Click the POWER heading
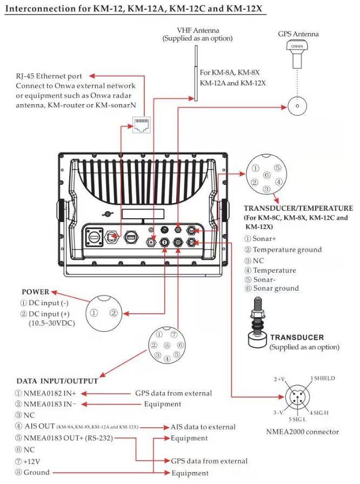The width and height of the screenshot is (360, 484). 35,292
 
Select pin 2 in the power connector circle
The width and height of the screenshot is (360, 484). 114,312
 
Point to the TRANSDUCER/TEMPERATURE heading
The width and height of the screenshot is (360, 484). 298,208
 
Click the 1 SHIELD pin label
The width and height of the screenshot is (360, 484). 323,378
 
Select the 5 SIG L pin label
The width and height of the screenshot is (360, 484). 296,419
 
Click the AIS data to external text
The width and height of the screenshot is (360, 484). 203,427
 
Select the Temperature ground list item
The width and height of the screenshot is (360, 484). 286,250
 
